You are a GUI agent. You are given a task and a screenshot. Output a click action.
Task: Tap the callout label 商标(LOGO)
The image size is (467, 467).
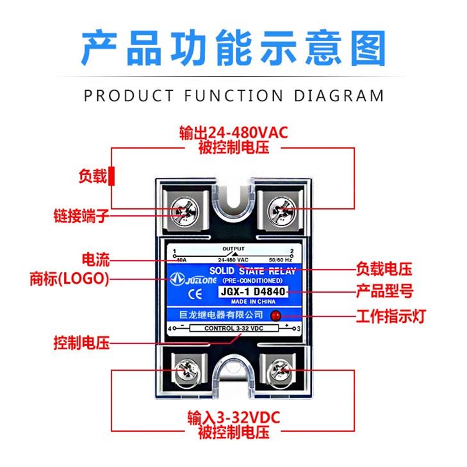click(70, 279)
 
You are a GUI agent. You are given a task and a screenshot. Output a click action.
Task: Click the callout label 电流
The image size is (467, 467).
click(95, 260)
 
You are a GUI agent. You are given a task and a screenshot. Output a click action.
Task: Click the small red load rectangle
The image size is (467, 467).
click(111, 176)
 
